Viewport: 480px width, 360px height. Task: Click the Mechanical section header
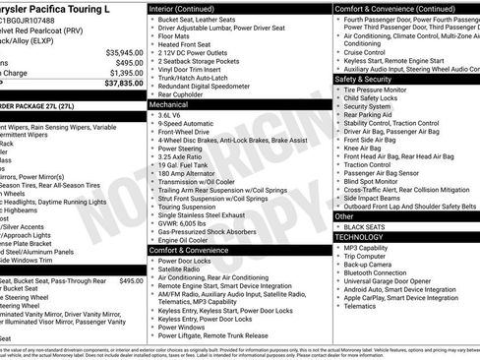pos(170,102)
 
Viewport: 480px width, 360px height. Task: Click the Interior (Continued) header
pos(189,8)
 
